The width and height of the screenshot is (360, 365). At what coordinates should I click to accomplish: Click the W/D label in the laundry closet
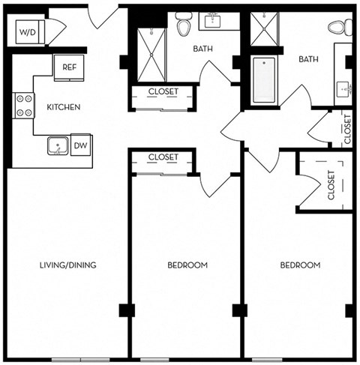27,32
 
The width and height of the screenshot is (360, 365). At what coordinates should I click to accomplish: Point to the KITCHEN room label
63,107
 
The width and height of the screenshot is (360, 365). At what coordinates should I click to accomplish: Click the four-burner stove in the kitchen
24,105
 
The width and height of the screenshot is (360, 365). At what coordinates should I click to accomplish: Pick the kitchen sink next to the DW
58,145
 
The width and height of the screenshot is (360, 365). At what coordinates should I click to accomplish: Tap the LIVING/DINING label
68,265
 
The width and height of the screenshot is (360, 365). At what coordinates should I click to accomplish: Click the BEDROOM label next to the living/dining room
187,265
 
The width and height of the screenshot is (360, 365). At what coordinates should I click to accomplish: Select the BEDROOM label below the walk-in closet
300,265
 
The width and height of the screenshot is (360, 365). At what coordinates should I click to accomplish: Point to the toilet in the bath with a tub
340,28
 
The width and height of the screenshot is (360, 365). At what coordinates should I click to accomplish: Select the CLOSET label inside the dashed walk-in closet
331,185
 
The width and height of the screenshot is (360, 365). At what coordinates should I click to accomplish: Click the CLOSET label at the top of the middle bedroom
163,157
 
